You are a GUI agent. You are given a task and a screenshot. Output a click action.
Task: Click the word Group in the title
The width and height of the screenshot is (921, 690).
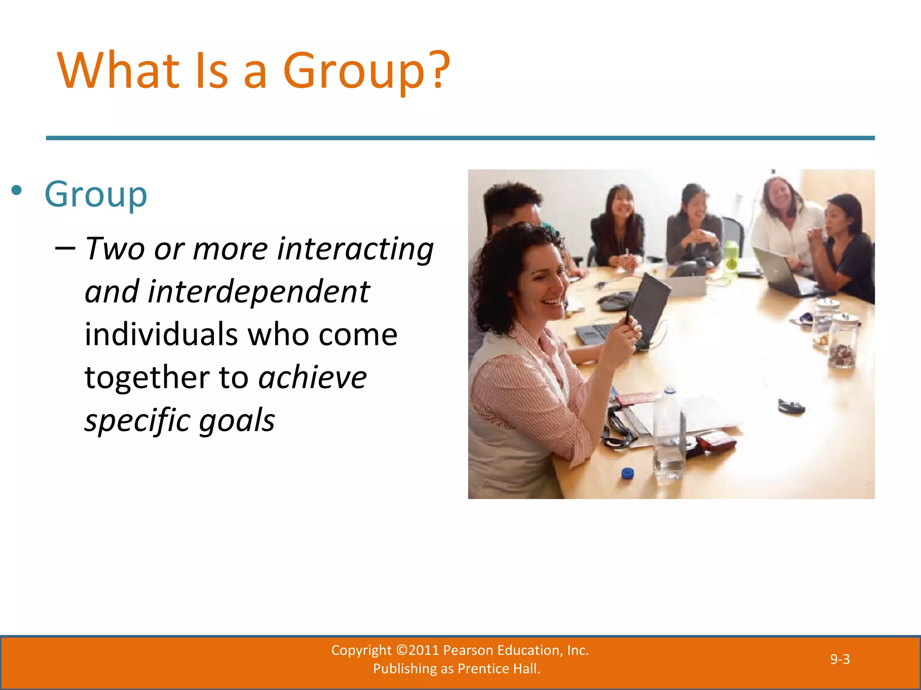353,71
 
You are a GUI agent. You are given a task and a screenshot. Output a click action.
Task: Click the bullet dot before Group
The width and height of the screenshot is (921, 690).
17,191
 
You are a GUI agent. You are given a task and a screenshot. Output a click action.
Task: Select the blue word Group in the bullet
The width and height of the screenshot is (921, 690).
96,195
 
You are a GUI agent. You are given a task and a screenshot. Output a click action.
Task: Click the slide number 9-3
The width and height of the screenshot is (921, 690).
840,659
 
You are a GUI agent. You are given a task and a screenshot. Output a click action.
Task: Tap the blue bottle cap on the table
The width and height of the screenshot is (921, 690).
627,473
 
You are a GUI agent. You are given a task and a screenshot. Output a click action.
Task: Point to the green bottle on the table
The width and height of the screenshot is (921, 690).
731,256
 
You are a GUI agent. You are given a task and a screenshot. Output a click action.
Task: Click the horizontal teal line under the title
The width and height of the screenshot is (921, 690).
460,138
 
